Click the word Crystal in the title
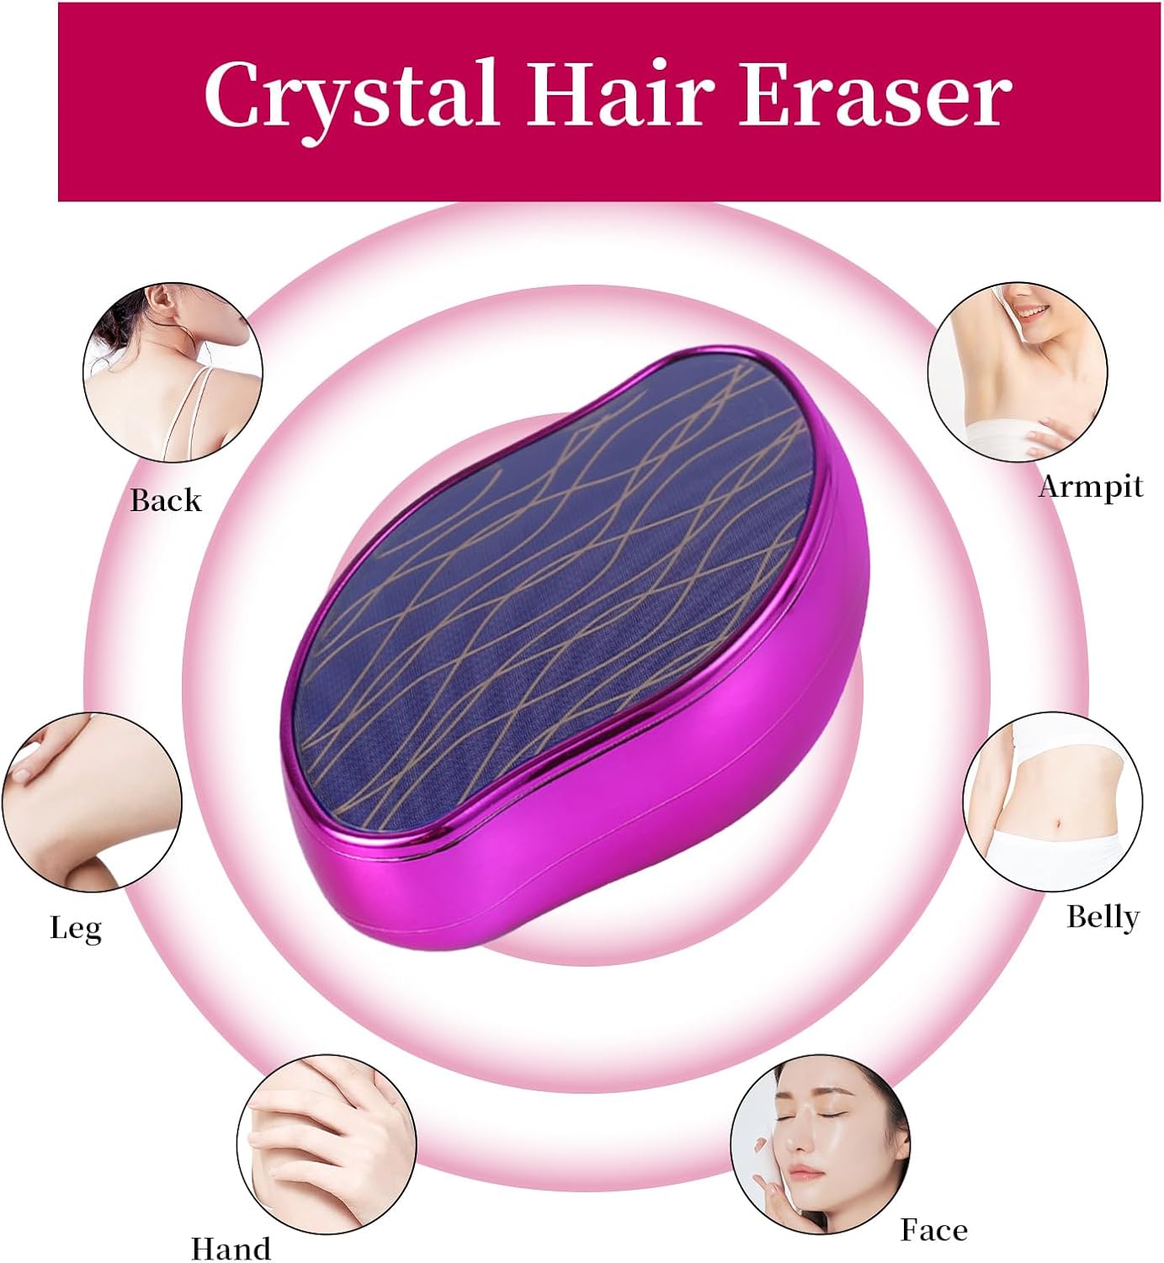tap(350, 94)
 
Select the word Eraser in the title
tap(874, 94)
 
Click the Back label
tap(166, 500)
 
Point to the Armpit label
tap(1091, 487)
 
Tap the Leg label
tap(76, 928)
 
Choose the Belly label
tap(1103, 916)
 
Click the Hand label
tap(231, 1248)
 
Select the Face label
tap(933, 1229)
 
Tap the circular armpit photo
tap(1018, 372)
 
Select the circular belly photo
tap(1052, 802)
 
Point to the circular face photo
tap(820, 1143)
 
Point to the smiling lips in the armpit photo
tap(1034, 312)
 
